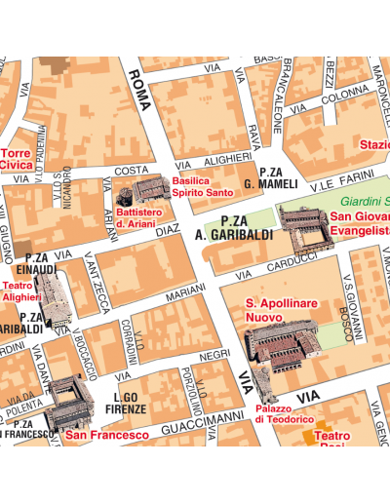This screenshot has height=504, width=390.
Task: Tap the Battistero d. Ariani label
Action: tap(135, 216)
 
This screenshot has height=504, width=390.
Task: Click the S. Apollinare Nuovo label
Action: tap(282, 311)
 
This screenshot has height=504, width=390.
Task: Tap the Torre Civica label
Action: tap(17, 159)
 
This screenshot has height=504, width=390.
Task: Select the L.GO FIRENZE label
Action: tap(131, 404)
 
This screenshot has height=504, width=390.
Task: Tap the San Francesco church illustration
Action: tap(68, 401)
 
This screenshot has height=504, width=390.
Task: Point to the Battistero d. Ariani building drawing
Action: tap(149, 190)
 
